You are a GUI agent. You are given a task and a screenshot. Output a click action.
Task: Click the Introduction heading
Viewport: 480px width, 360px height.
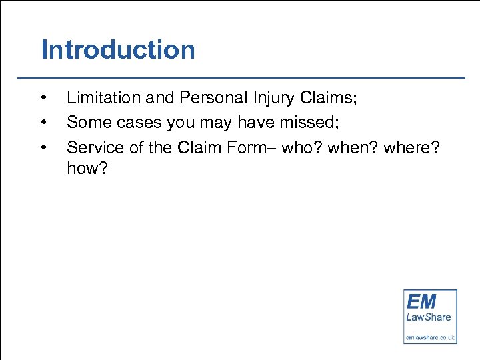coord(118,50)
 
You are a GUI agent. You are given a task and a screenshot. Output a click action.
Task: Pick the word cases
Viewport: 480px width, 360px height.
coord(133,122)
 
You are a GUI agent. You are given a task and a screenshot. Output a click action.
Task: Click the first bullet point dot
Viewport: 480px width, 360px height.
coord(43,99)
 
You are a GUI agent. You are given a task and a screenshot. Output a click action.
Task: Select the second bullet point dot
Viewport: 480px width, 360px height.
coord(43,123)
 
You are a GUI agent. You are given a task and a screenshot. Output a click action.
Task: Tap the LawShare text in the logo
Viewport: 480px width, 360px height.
coord(429,317)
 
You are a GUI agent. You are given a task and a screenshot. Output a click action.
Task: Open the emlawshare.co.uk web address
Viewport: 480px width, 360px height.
coord(430,338)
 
